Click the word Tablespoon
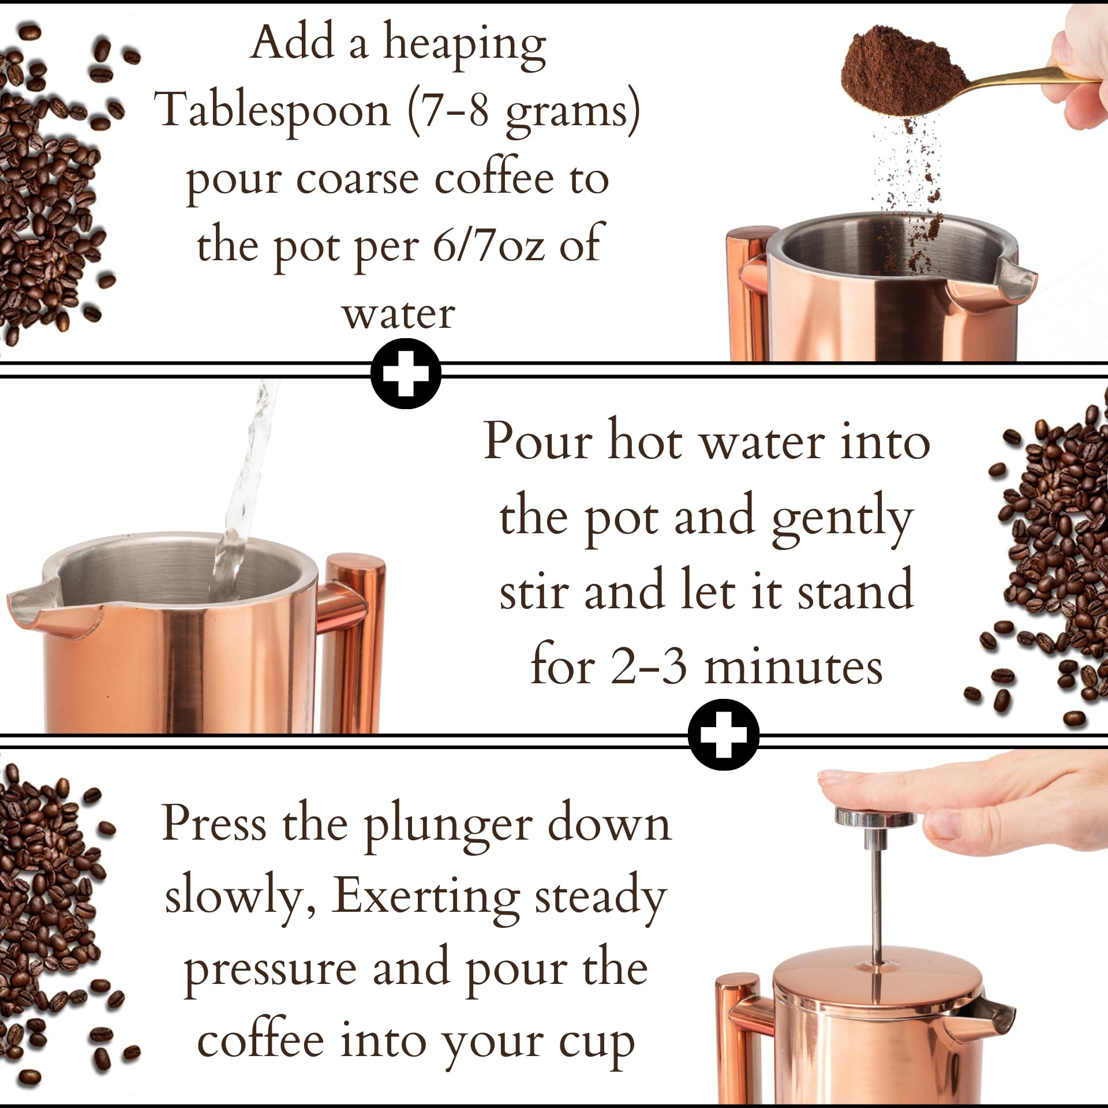click(x=275, y=111)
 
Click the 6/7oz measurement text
click(x=488, y=246)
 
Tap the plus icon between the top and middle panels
click(x=406, y=374)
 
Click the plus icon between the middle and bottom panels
click(x=724, y=735)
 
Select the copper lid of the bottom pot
click(x=877, y=975)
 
